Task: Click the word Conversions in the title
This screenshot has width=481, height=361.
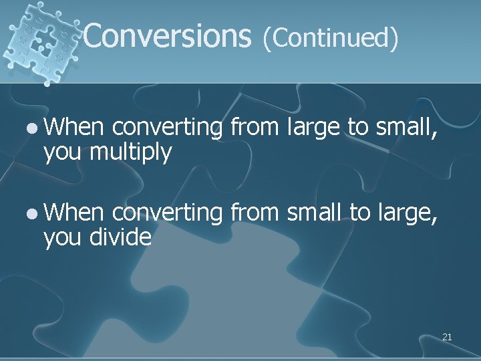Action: pyautogui.click(x=167, y=35)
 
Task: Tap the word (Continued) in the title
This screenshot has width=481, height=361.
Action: pyautogui.click(x=331, y=37)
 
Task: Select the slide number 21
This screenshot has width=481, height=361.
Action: pyautogui.click(x=447, y=337)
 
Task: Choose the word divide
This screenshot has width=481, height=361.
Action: pyautogui.click(x=120, y=236)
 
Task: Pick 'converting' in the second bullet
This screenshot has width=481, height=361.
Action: pyautogui.click(x=167, y=213)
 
